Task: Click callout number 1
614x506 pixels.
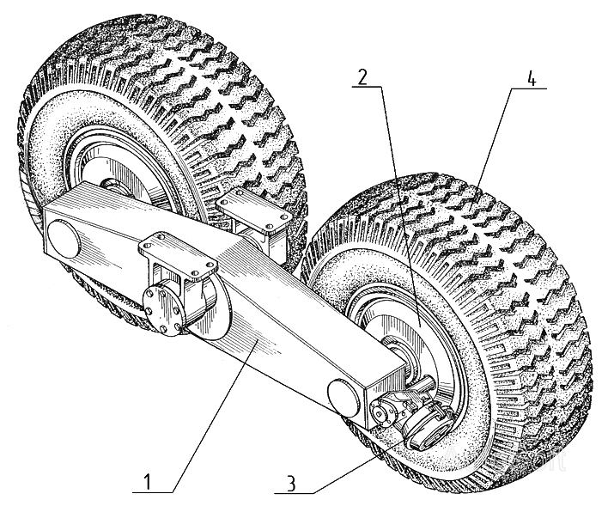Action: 147,482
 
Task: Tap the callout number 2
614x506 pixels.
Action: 362,78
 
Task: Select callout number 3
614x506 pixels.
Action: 290,484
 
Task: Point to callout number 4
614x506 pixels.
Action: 531,80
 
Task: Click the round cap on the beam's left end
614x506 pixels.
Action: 64,239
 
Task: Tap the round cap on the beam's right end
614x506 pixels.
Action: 343,398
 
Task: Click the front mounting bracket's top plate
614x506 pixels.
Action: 178,253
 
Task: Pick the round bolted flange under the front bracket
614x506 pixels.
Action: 161,310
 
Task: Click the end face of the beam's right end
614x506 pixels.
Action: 385,386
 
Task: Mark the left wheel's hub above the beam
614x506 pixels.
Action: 112,185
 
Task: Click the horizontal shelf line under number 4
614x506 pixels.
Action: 528,88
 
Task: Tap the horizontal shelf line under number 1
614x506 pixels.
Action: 153,492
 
